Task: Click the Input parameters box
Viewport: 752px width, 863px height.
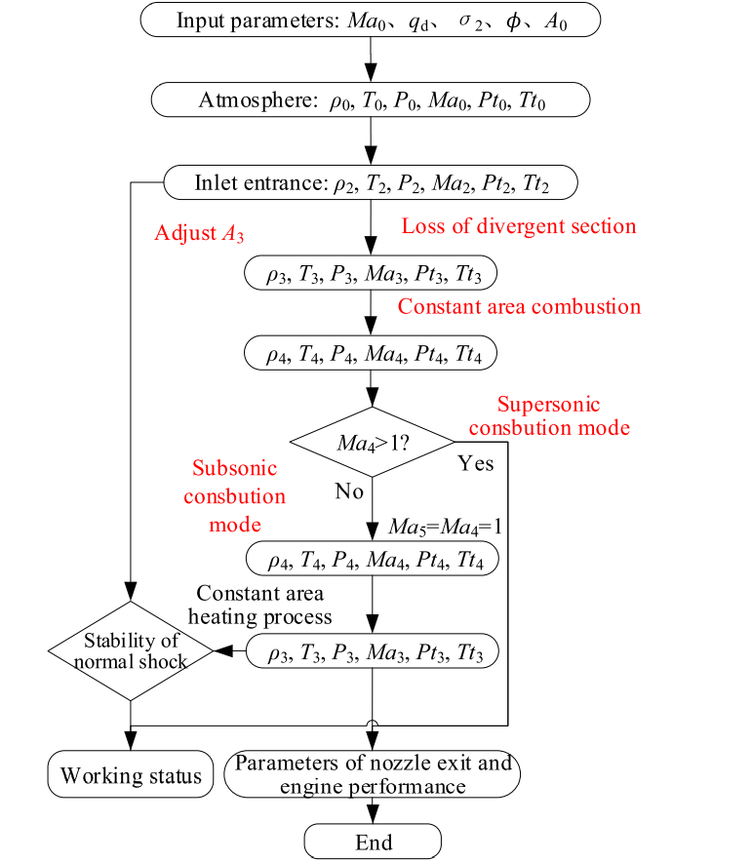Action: click(x=371, y=20)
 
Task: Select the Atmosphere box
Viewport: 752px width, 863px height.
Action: click(x=371, y=100)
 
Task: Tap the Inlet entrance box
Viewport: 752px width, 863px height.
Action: click(x=371, y=182)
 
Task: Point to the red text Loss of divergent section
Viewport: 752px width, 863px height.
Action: click(x=518, y=226)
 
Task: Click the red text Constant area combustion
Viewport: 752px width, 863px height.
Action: click(x=519, y=306)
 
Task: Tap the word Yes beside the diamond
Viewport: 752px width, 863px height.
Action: click(x=475, y=462)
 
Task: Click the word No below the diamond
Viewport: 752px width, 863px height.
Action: click(x=349, y=490)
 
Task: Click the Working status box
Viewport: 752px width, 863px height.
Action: click(x=131, y=776)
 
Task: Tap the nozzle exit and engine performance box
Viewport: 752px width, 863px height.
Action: click(x=373, y=774)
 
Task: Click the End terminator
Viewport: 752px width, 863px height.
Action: click(x=374, y=842)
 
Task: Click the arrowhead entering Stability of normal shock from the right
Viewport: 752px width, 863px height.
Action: click(x=222, y=649)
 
